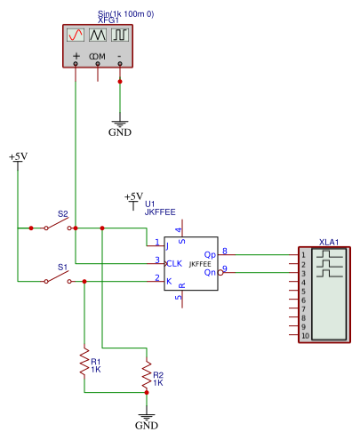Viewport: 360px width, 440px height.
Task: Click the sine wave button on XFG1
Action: pyautogui.click(x=76, y=35)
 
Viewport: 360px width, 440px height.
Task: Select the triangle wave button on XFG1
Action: pyautogui.click(x=98, y=35)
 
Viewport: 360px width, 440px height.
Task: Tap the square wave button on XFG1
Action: pyautogui.click(x=120, y=35)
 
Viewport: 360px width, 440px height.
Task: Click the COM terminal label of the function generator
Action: pyautogui.click(x=97, y=56)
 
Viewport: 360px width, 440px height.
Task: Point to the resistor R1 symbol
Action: pyautogui.click(x=84, y=363)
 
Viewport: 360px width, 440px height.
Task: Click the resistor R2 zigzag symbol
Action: pyautogui.click(x=147, y=374)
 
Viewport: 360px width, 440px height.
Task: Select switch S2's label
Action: pyautogui.click(x=63, y=213)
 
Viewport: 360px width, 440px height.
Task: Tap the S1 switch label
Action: pyautogui.click(x=63, y=267)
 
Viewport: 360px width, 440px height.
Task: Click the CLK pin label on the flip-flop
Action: pyautogui.click(x=174, y=263)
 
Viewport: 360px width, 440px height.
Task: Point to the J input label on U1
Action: pyautogui.click(x=167, y=246)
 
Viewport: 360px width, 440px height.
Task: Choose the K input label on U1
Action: pyautogui.click(x=169, y=281)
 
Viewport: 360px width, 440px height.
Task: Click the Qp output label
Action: pyautogui.click(x=210, y=255)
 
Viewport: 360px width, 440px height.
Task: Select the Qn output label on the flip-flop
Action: pyautogui.click(x=210, y=272)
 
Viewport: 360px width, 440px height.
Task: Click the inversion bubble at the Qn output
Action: pyautogui.click(x=220, y=272)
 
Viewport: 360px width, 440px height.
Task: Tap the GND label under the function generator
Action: pyautogui.click(x=120, y=132)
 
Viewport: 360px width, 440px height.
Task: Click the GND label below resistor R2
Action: pyautogui.click(x=147, y=426)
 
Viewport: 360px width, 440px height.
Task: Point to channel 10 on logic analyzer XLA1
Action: pyautogui.click(x=305, y=336)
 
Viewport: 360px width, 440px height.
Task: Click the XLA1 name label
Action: pyautogui.click(x=329, y=242)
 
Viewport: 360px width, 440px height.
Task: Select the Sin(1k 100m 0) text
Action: pyautogui.click(x=126, y=13)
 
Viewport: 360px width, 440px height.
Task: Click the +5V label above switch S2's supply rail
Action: pyautogui.click(x=18, y=156)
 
